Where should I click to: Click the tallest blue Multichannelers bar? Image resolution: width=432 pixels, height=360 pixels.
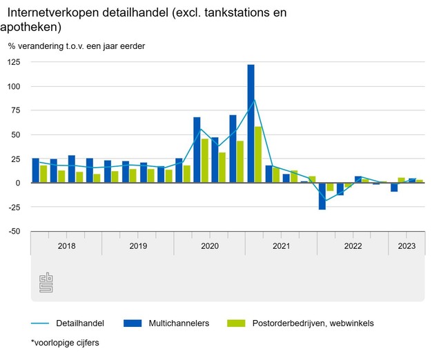pos(251,123)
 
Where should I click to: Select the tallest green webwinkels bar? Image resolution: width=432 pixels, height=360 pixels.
pos(258,154)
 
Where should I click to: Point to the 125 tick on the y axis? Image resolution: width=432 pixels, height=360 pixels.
pos(14,62)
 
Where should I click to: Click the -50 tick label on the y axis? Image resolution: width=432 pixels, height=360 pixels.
pos(14,231)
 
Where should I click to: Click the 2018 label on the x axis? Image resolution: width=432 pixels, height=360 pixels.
pos(66,246)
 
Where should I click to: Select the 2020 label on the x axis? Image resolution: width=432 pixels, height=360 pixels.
pos(210,246)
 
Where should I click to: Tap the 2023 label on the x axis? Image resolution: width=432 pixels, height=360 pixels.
pos(406,246)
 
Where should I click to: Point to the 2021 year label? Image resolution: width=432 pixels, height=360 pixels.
pos(281,246)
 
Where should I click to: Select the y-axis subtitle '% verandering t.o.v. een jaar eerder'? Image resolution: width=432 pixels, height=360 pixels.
pos(77,46)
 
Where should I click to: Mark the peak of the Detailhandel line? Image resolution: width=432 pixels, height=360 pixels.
pos(255,99)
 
